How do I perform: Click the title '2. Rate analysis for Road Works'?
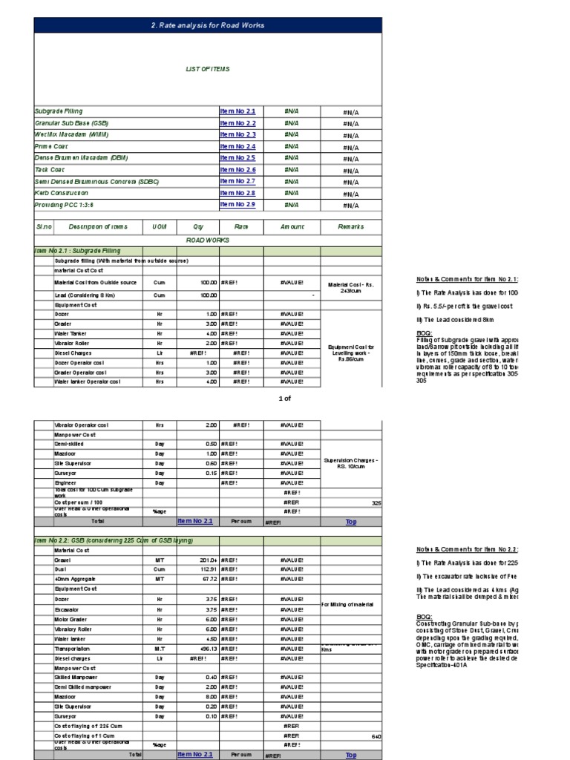coord(207,25)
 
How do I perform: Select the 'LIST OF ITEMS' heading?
coord(207,69)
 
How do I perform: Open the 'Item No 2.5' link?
coord(237,158)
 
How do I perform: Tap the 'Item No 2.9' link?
coord(237,204)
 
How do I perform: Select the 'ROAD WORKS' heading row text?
coord(207,240)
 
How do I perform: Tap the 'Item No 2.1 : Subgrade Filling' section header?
coord(78,251)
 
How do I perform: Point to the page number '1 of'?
coord(285,399)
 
